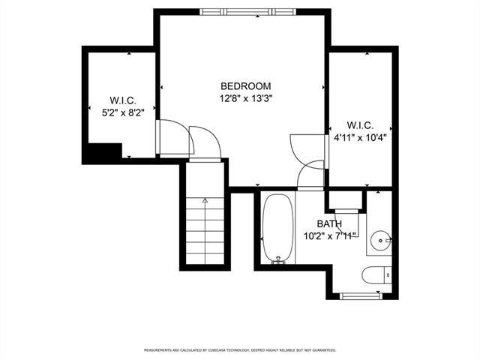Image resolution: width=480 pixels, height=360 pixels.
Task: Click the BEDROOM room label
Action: coord(246,86)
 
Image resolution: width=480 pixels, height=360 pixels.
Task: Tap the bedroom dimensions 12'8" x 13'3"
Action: coord(246,98)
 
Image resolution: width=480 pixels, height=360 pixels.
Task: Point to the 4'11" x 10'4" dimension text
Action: coord(360,138)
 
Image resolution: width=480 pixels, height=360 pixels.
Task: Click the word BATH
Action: coord(329,223)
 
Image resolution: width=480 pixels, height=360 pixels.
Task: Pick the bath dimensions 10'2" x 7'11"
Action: coord(330,236)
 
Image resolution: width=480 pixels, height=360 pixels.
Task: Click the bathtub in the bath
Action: coord(278,229)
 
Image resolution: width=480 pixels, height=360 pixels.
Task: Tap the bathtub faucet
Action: coord(278,260)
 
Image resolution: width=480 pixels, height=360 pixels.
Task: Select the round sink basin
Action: coord(380,241)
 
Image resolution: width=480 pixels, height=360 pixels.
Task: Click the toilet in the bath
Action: coord(376,275)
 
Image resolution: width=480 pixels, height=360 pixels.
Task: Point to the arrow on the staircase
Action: coord(205,230)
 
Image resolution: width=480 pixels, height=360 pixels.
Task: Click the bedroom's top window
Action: coord(248,12)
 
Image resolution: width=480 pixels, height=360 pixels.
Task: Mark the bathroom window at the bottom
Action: coord(361,296)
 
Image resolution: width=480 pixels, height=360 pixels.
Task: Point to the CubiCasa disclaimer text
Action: coord(240,350)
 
